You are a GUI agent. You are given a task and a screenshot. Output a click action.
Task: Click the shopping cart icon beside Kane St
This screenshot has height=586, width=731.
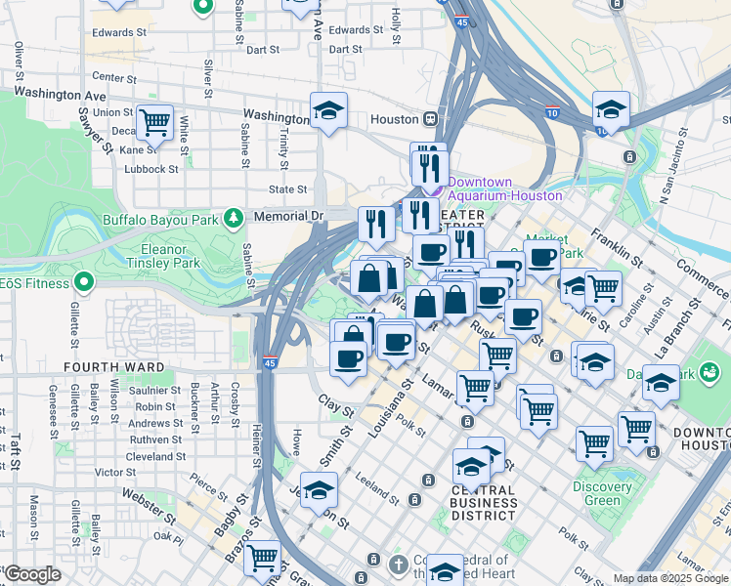coord(154,122)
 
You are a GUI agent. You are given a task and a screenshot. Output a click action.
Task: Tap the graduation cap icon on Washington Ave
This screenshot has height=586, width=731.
coord(329,109)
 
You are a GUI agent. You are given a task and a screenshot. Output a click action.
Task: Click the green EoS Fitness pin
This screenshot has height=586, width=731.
coord(84,283)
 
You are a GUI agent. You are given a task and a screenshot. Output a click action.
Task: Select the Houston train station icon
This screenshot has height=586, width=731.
coord(429,119)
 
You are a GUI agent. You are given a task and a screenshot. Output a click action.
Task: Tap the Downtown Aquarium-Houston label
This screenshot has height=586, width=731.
coord(494,188)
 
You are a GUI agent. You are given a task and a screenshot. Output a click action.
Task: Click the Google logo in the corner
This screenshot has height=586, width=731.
coord(32,574)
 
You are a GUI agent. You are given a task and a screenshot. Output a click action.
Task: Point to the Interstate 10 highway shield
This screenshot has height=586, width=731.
coord(552,112)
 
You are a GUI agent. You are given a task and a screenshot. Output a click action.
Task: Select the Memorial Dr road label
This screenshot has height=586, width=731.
coord(287,215)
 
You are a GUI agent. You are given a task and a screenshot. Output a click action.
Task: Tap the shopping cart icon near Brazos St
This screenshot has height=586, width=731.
coord(261,558)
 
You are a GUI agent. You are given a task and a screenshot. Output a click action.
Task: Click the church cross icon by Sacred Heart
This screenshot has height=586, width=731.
coord(398,564)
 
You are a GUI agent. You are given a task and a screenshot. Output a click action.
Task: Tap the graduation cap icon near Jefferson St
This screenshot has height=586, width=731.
coord(319,490)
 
